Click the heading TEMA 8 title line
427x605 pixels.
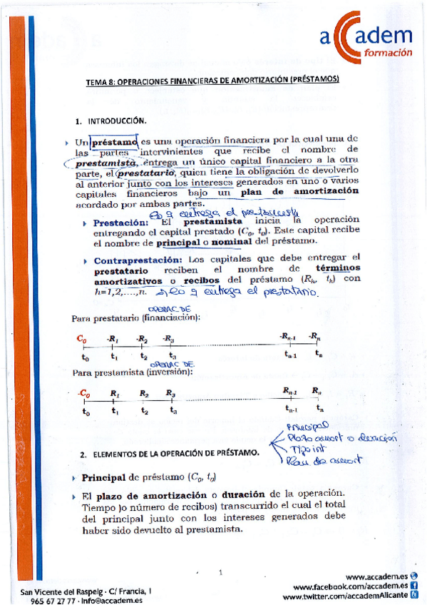coord(212,81)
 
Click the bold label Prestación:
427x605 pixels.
coord(121,222)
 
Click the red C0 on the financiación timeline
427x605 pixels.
coord(84,338)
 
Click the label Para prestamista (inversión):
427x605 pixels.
coord(134,372)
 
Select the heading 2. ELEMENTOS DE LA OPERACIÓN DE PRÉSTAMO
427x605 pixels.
coord(170,454)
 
